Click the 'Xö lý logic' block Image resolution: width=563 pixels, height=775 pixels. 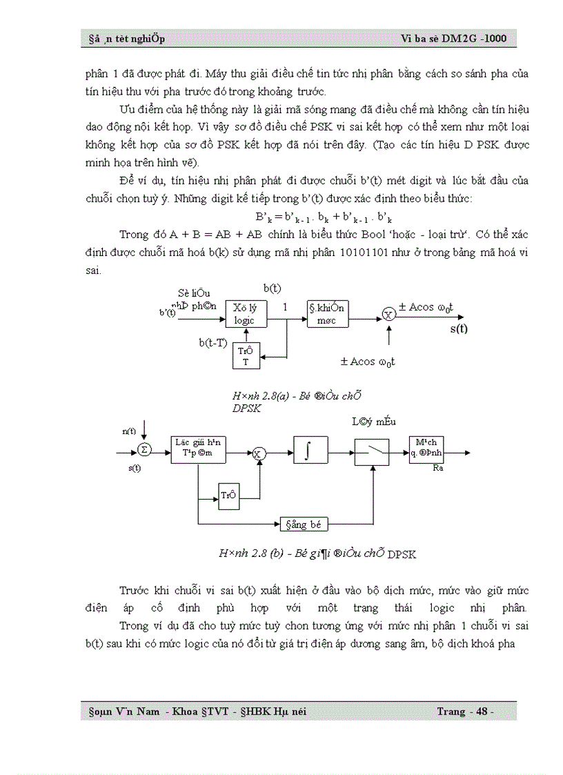click(x=244, y=314)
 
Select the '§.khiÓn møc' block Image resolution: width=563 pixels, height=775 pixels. click(x=327, y=314)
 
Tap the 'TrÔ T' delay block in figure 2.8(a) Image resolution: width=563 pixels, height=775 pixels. click(x=245, y=356)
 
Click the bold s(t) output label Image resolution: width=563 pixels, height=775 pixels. click(x=459, y=328)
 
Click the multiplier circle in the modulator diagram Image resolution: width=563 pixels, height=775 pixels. click(x=388, y=315)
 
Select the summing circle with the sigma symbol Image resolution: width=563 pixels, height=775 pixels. click(x=144, y=450)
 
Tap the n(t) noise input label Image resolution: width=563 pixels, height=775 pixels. click(x=129, y=431)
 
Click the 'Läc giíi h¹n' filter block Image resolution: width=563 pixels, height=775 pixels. click(x=197, y=448)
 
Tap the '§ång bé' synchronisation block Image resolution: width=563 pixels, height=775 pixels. click(x=304, y=524)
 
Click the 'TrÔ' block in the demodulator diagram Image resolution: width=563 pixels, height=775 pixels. click(x=228, y=493)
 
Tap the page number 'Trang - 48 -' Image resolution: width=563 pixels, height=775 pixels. click(x=465, y=712)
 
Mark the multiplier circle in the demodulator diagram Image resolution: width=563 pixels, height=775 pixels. click(x=258, y=453)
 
